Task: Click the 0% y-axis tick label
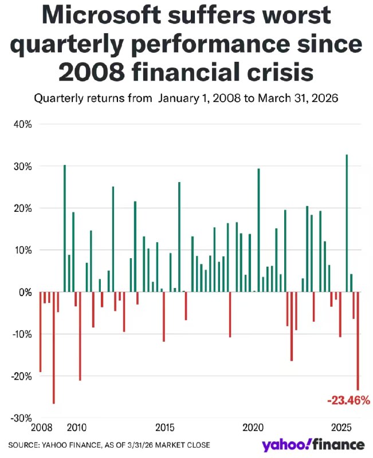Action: (23, 292)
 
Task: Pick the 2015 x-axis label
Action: (165, 428)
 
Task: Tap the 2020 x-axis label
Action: (253, 428)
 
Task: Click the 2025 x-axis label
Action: (341, 428)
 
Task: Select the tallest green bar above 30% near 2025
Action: (347, 223)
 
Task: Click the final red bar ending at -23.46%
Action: (358, 341)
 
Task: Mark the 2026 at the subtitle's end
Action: (325, 98)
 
